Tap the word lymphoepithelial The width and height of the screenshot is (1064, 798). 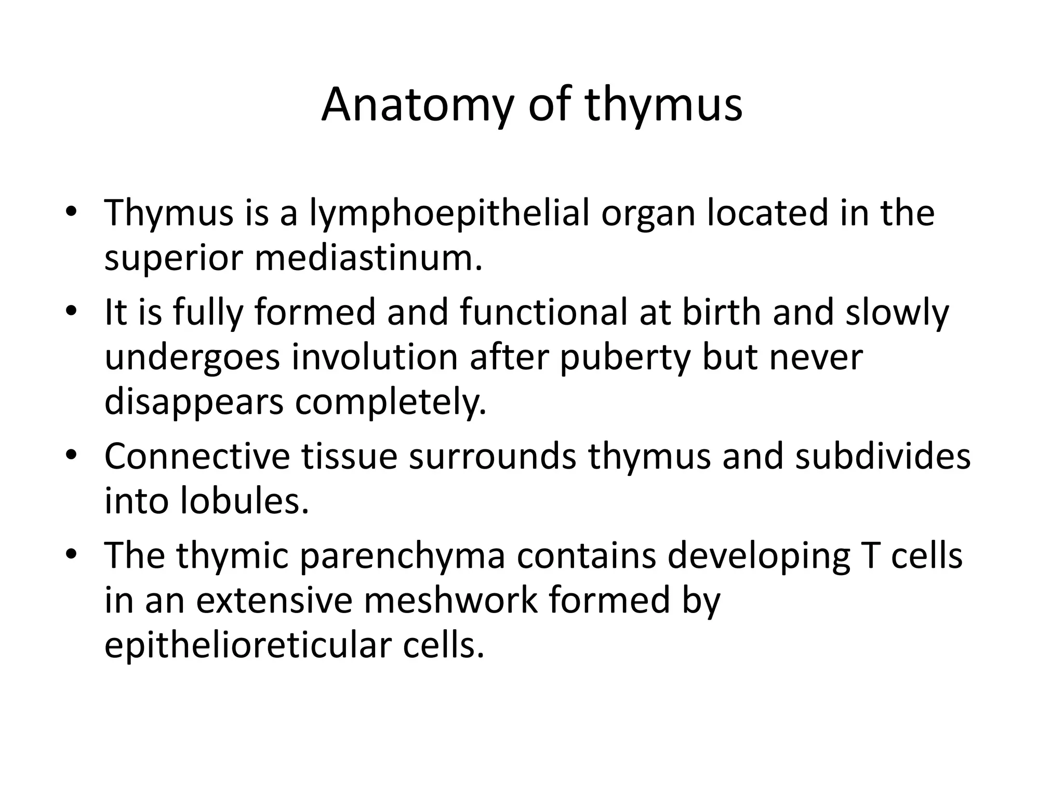[449, 214]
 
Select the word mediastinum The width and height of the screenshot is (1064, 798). [368, 258]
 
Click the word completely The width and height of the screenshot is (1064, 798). [391, 402]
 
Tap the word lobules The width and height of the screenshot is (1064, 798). [244, 501]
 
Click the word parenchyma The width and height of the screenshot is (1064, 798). [403, 556]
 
